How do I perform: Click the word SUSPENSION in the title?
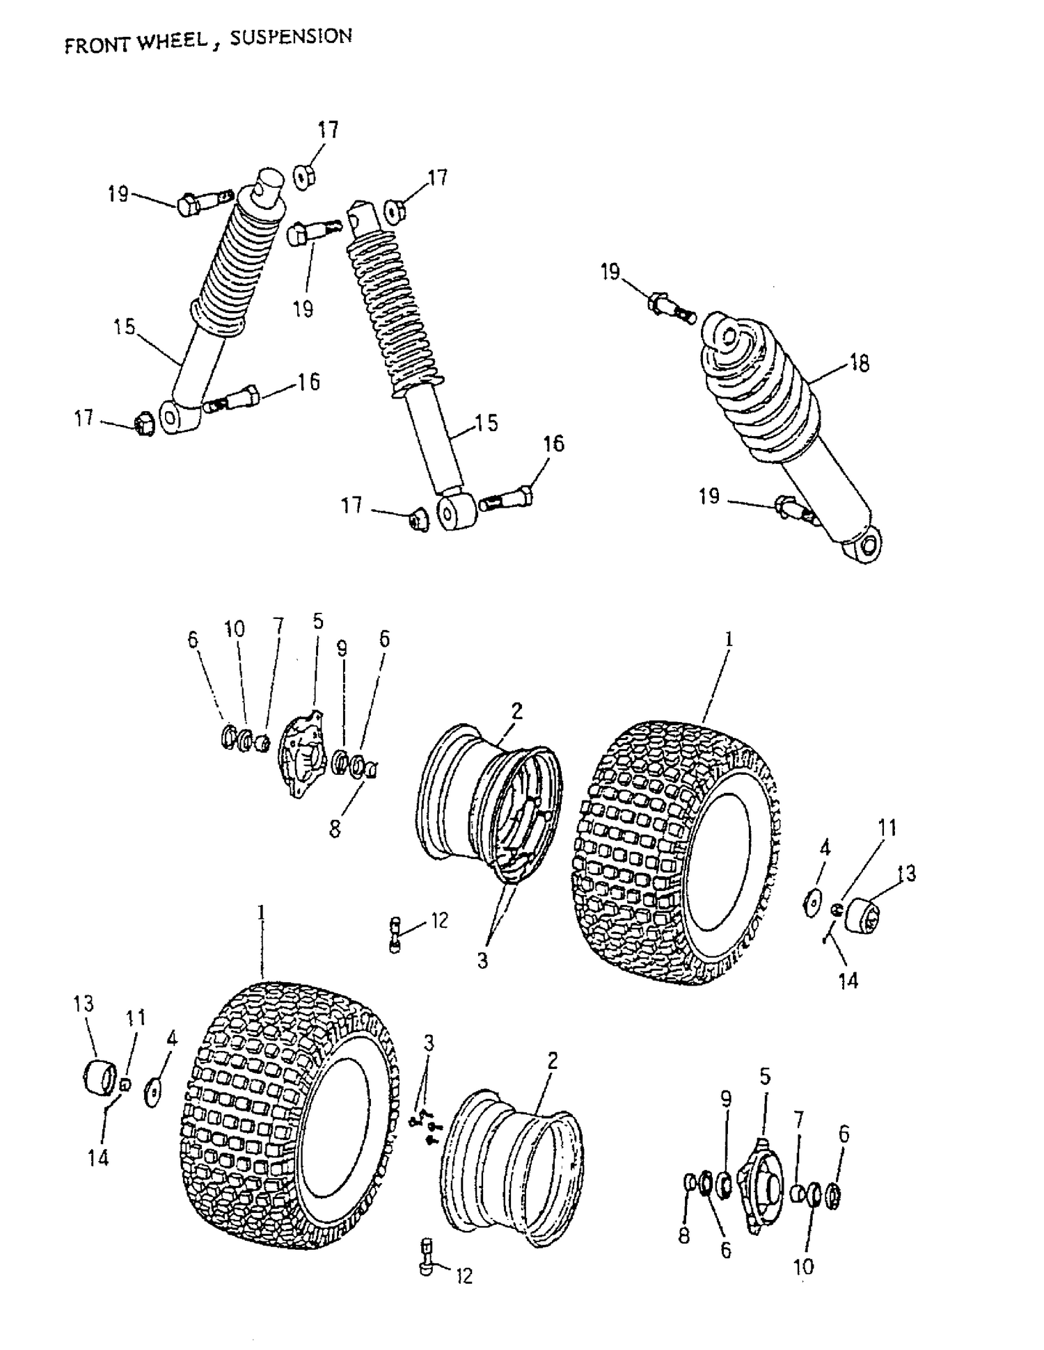(x=290, y=38)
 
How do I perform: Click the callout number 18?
(x=860, y=362)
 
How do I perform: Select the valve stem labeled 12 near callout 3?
(x=395, y=935)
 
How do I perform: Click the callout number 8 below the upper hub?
(x=335, y=829)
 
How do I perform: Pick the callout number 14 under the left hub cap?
(x=98, y=1157)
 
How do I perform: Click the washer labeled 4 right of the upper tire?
(x=811, y=903)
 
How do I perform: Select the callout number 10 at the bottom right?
(x=803, y=1267)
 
